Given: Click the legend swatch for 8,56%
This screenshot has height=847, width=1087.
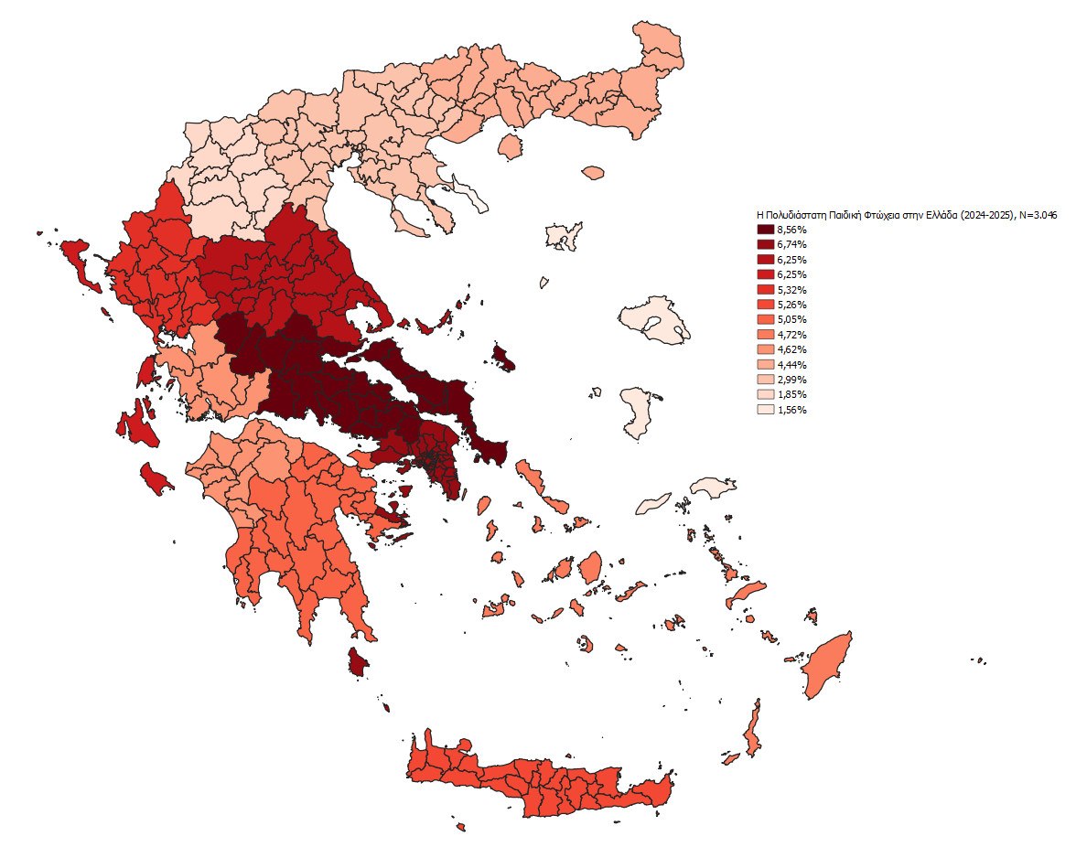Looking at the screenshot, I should (x=765, y=230).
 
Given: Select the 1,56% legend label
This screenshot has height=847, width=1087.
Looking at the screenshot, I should (x=791, y=411).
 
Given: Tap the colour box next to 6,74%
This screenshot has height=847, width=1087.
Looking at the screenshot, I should (x=765, y=244).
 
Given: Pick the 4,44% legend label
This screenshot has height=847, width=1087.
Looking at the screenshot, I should (x=791, y=365).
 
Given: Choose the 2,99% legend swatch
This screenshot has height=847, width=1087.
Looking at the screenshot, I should (x=765, y=380).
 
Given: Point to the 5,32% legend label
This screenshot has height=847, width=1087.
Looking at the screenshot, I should (x=791, y=290).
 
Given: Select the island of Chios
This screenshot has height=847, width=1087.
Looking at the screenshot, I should (x=639, y=413).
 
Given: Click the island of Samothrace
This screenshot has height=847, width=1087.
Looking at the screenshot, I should (x=593, y=172).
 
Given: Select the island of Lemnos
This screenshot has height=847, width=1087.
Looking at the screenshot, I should (x=563, y=235).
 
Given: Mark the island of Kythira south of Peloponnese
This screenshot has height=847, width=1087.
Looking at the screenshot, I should (x=357, y=662).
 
